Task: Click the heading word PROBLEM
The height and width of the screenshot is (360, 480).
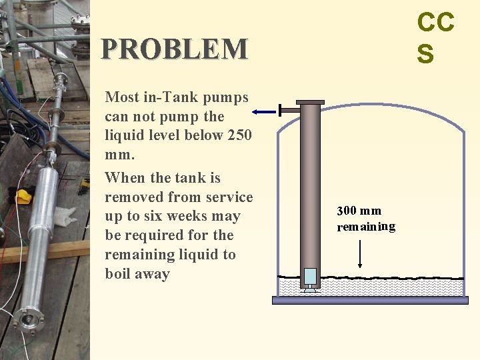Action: pos(174,49)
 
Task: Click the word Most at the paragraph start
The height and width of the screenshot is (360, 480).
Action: pos(122,97)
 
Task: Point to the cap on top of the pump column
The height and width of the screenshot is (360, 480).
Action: pos(310,102)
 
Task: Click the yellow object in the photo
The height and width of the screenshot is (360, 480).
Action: pos(24,196)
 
